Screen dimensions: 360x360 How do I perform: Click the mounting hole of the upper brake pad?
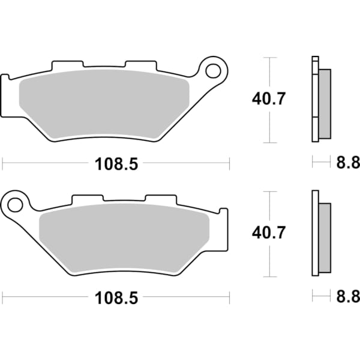click(212, 71)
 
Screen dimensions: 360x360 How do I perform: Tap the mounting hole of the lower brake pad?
click(16, 205)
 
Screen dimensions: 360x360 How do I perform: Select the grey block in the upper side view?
click(324, 99)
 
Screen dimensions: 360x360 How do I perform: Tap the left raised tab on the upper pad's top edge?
click(67, 64)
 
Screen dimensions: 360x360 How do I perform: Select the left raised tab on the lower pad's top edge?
click(87, 198)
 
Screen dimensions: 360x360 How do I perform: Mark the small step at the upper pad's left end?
click(6, 78)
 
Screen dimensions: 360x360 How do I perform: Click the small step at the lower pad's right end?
click(224, 212)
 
